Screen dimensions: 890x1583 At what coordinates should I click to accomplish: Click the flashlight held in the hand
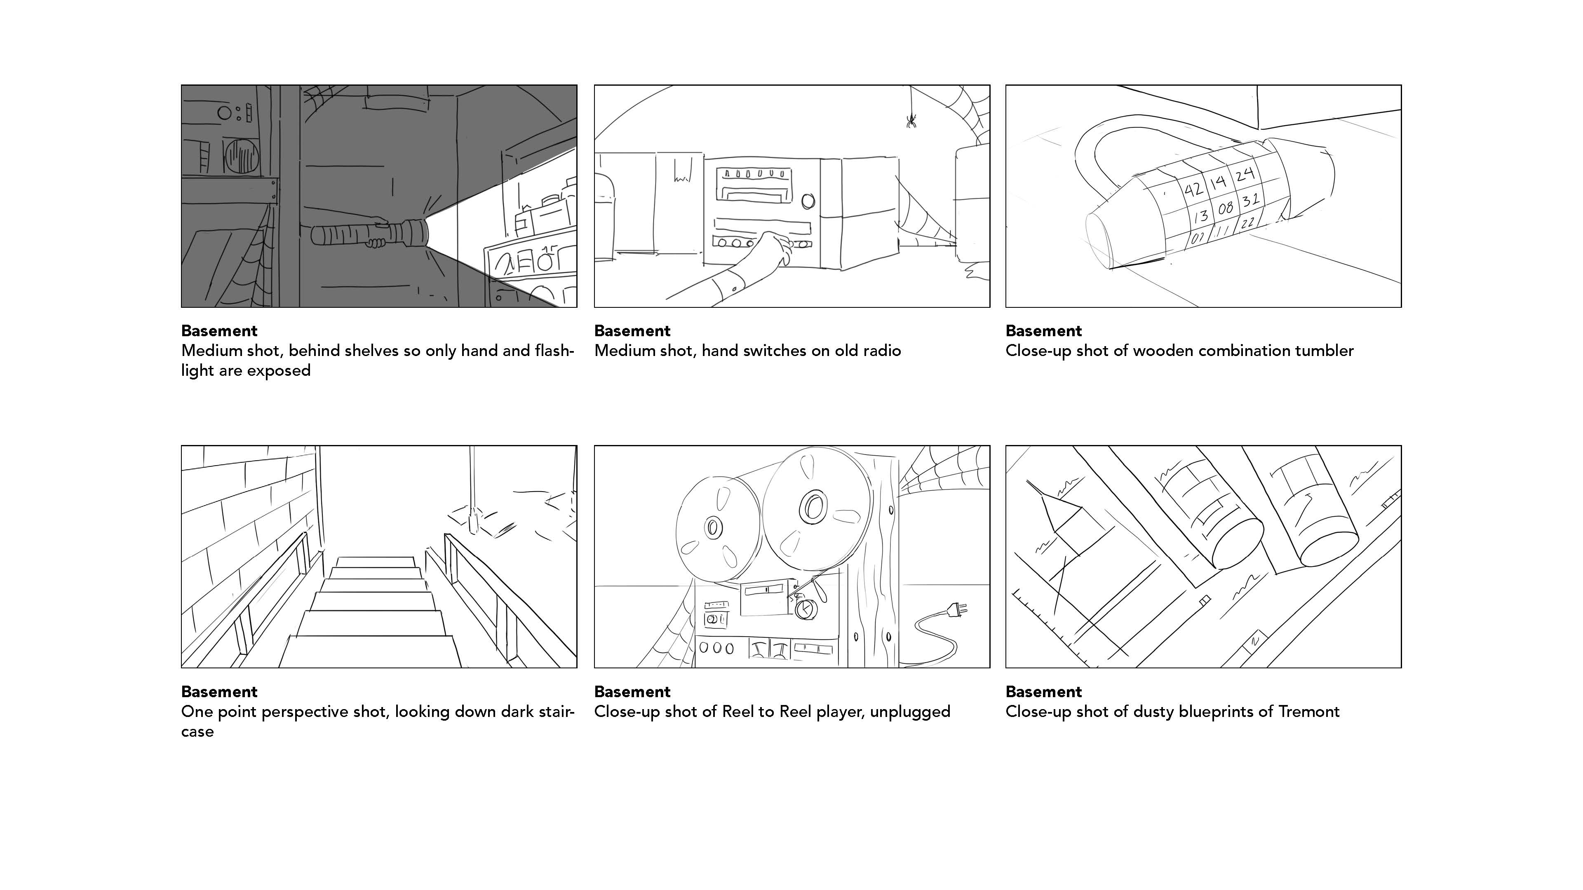tap(369, 234)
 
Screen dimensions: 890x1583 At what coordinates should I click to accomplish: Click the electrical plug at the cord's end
tap(957, 609)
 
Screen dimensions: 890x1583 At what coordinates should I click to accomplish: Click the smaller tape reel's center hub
tap(714, 527)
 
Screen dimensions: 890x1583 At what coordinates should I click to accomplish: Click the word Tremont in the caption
tap(1308, 712)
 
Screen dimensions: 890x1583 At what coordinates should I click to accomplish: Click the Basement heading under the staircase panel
tap(219, 692)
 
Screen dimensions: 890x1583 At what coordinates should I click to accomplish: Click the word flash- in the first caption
tap(551, 351)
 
